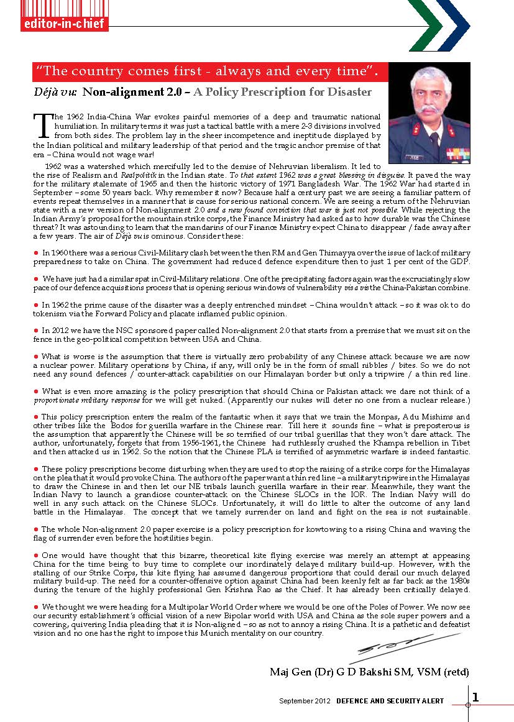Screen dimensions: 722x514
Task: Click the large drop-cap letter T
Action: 42,125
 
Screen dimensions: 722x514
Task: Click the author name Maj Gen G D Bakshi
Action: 369,672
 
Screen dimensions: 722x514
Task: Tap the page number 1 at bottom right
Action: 475,697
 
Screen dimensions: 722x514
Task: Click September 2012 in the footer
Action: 305,701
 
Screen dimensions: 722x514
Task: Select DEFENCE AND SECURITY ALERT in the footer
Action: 390,701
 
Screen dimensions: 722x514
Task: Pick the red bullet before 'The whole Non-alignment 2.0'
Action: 36,528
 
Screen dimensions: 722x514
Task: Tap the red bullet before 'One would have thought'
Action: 36,554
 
